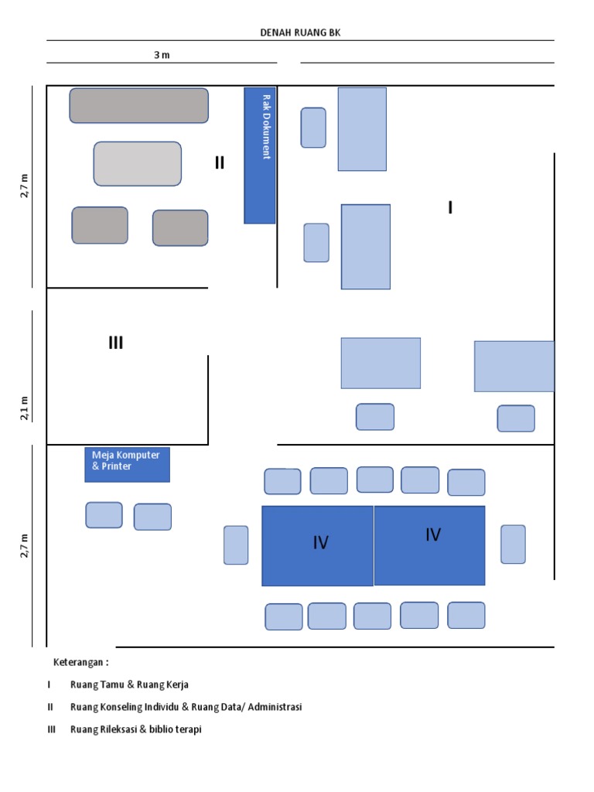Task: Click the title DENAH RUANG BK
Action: pos(299,32)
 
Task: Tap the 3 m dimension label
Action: pos(162,55)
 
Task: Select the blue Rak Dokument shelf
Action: pos(260,155)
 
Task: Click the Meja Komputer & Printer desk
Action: pos(127,465)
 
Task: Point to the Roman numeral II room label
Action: pos(220,162)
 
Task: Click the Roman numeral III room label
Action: pos(116,343)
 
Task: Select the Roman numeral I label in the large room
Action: pos(450,207)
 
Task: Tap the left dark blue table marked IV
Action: pos(318,545)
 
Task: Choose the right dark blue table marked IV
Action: pos(430,544)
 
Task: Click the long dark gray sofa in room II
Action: pos(138,105)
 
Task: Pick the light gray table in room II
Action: pos(138,163)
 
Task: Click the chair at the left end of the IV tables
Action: pos(236,544)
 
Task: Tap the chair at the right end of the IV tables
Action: pos(513,544)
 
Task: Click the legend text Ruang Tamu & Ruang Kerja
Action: pos(129,684)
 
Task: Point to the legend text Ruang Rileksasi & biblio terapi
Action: pos(135,729)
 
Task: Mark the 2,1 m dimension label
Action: pos(24,408)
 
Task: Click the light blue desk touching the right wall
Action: pos(514,366)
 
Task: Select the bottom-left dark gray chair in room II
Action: pos(100,225)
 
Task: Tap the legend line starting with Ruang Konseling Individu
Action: pos(186,707)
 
